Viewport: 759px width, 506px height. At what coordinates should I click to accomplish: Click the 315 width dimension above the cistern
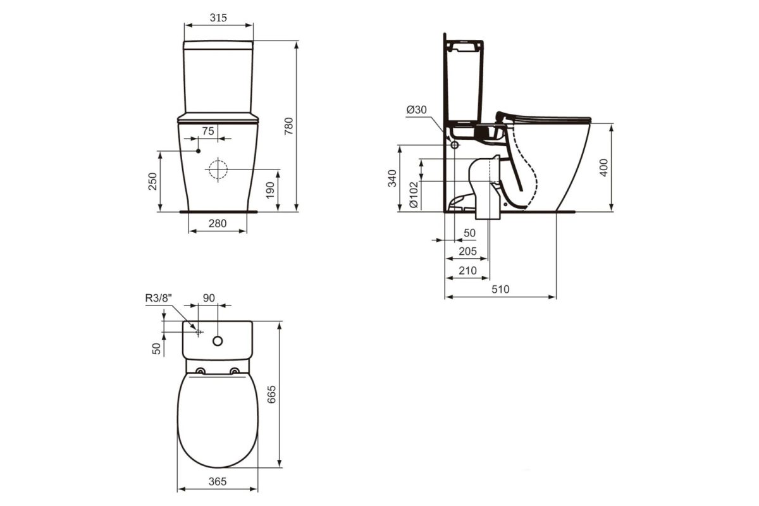pos(218,18)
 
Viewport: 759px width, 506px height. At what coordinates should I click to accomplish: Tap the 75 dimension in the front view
pos(207,130)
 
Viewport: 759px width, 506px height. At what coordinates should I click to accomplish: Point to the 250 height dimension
pos(152,182)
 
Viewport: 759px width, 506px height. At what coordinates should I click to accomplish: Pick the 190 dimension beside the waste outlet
pos(270,190)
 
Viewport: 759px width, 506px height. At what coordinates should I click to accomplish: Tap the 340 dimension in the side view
pos(392,178)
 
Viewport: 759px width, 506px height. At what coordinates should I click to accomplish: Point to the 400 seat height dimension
pos(603,168)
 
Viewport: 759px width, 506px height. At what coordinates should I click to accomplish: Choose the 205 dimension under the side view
pos(467,251)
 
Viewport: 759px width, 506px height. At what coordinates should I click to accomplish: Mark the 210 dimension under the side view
pos(467,271)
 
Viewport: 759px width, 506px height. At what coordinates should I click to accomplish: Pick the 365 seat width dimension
pos(218,481)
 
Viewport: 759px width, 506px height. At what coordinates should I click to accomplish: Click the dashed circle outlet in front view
pos(217,170)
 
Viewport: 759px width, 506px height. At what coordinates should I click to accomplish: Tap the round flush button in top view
pos(218,341)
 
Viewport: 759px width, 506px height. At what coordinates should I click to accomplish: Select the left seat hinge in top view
pos(201,371)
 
